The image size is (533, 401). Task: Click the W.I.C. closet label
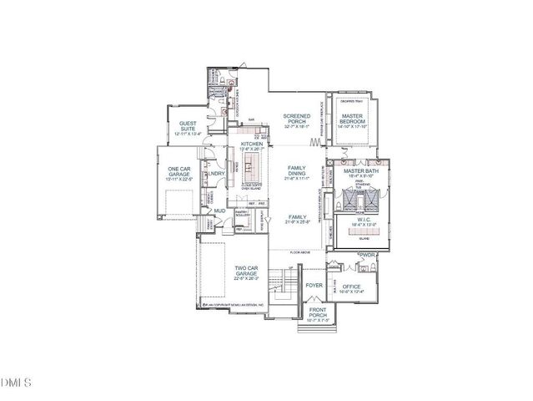[x=358, y=220]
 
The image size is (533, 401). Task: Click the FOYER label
[x=314, y=285]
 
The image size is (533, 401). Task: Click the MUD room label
[x=220, y=211]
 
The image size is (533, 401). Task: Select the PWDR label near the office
[x=368, y=254]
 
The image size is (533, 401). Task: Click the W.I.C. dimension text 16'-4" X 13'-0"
[x=358, y=226]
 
